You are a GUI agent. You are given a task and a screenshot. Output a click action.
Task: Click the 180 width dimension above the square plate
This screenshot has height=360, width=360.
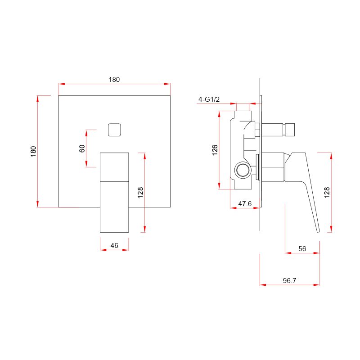(x=114, y=80)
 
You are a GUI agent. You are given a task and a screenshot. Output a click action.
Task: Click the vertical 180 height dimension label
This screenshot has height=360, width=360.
(x=33, y=151)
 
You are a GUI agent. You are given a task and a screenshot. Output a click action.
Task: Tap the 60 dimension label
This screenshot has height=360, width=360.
(x=82, y=148)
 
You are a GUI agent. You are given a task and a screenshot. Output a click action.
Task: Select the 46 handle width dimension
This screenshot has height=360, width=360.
(x=114, y=245)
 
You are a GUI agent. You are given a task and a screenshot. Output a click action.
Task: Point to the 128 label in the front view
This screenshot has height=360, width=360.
(x=140, y=193)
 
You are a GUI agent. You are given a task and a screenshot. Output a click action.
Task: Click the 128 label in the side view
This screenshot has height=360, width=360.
(x=327, y=192)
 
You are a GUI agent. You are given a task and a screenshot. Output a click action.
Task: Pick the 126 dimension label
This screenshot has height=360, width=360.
(x=215, y=150)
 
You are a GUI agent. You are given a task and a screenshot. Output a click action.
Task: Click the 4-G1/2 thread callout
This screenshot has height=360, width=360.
(x=209, y=99)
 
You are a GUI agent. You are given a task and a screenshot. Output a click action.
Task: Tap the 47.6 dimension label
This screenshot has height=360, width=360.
(x=245, y=203)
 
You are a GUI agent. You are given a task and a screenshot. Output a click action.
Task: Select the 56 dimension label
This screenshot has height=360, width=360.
(x=302, y=248)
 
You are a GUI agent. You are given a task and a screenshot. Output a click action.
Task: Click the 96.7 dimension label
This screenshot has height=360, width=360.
(x=289, y=280)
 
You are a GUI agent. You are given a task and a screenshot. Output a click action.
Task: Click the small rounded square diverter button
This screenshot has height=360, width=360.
(x=114, y=130)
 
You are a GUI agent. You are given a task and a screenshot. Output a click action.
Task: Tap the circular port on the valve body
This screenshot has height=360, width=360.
(x=243, y=170)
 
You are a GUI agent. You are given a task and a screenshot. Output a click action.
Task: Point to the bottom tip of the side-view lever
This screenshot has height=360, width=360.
(x=319, y=232)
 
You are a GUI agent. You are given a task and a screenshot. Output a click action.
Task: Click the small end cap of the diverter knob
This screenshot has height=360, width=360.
(x=290, y=130)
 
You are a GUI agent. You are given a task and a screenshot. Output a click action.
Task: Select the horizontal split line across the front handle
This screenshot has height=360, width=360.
(x=114, y=182)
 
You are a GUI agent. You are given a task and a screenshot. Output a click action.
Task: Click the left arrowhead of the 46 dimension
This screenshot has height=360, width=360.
(x=103, y=250)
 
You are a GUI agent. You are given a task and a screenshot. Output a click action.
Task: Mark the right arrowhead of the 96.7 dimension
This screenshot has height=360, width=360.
(x=317, y=285)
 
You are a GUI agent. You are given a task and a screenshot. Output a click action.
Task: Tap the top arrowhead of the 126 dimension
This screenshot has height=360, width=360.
(x=219, y=114)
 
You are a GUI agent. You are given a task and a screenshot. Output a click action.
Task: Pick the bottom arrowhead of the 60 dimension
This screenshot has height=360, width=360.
(x=86, y=164)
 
